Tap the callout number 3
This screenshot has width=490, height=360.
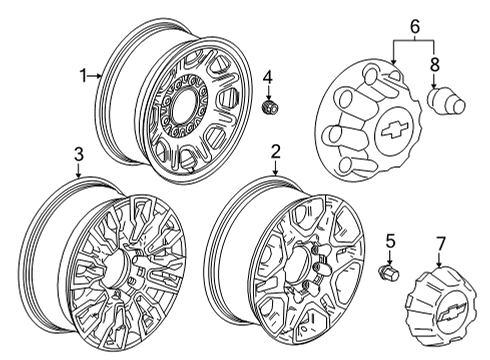(x=77, y=154)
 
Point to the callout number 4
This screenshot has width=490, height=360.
(x=267, y=77)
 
